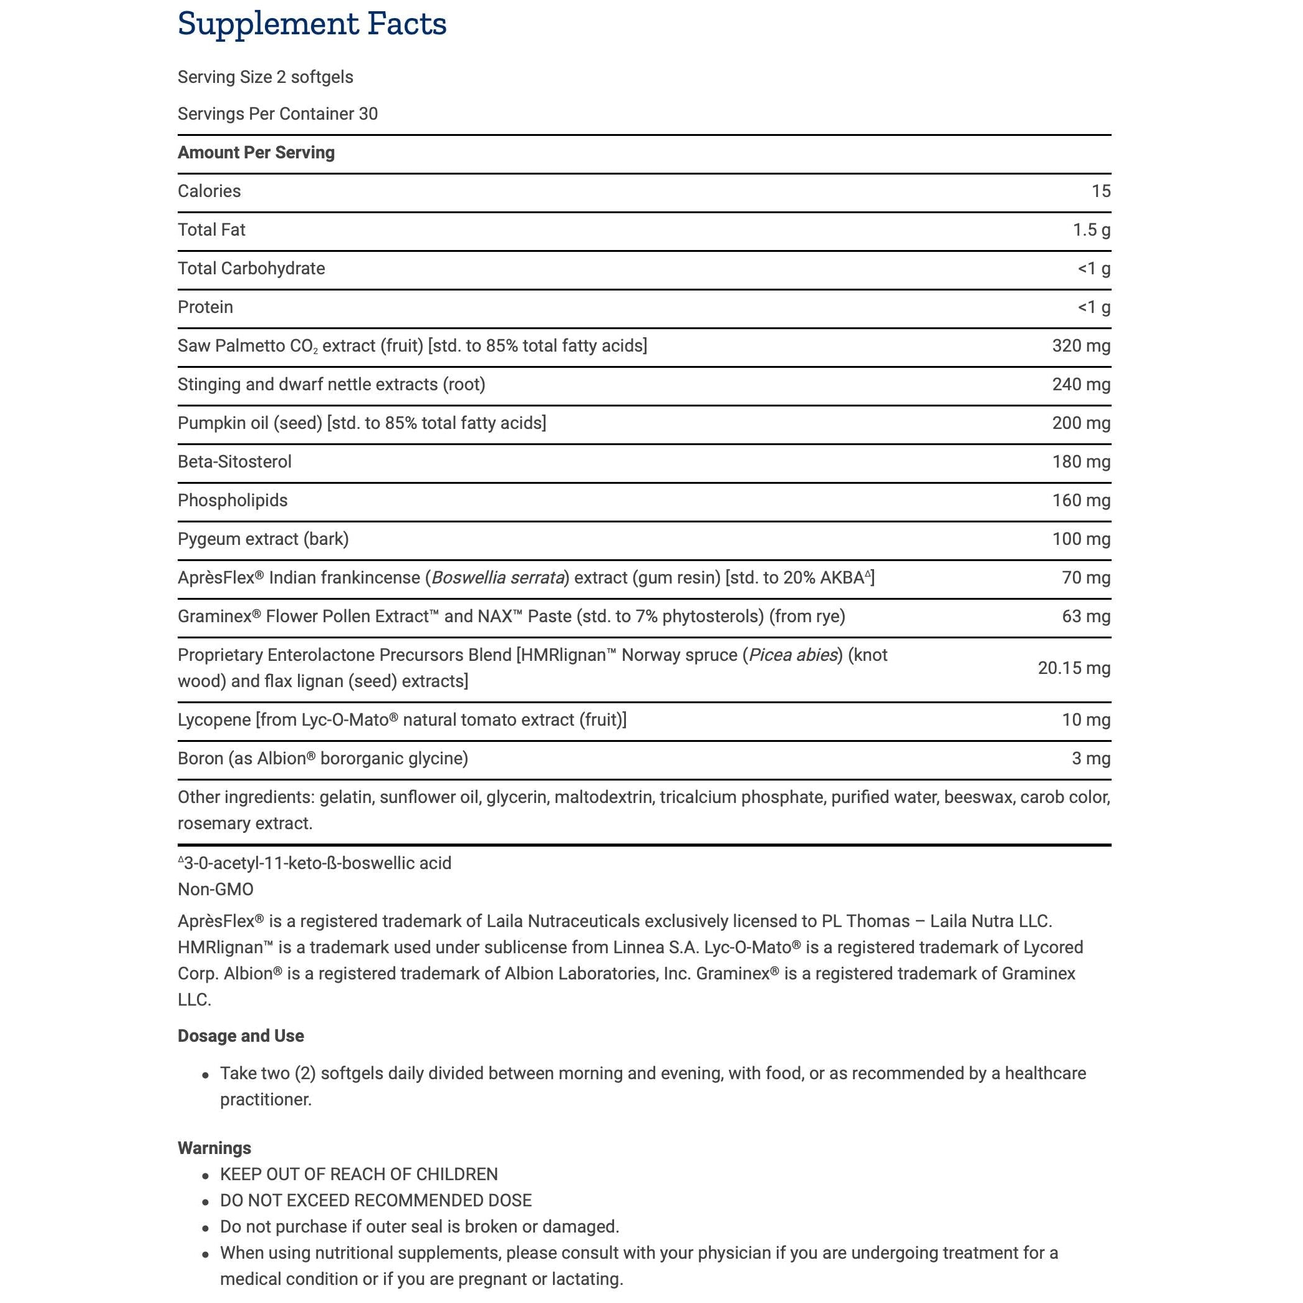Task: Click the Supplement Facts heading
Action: pos(312,24)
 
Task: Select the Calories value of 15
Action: pos(1100,191)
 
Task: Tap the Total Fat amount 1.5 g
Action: pos(1091,230)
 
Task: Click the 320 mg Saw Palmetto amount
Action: pos(1080,346)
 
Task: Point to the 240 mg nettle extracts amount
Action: pos(1080,385)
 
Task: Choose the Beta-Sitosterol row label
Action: pos(234,462)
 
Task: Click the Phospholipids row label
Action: pos(233,501)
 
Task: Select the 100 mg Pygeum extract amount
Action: pos(1080,539)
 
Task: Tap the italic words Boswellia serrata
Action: pos(498,578)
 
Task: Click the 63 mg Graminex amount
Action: pos(1085,617)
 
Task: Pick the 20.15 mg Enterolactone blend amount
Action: pos(1074,668)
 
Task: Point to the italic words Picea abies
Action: pos(793,655)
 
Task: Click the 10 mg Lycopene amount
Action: pos(1085,720)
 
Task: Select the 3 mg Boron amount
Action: pos(1090,759)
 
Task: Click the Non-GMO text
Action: pos(216,890)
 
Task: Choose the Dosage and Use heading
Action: pos(241,1036)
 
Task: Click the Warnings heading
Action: pos(214,1148)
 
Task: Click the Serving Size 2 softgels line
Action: pos(265,77)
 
